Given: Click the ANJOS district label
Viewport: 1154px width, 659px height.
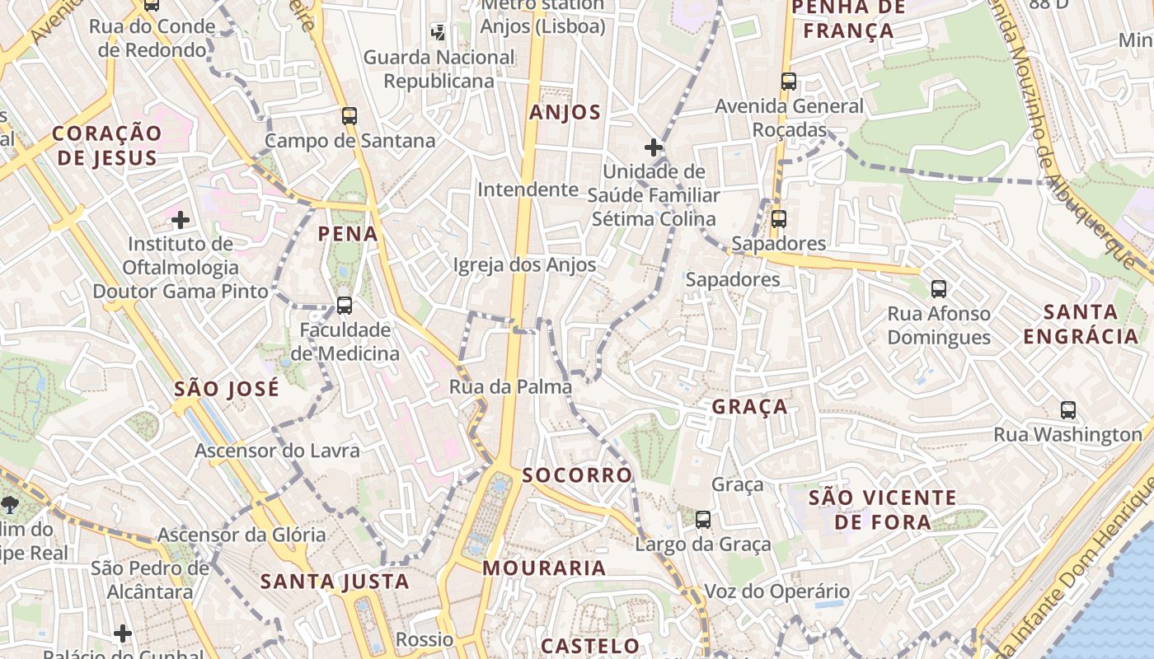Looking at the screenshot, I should coord(565,113).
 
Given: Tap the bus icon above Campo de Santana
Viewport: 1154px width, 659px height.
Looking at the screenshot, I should coord(349,116).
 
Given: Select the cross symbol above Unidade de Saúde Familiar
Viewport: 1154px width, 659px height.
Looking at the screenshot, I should coord(654,147).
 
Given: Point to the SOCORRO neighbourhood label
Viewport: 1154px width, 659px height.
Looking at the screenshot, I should coord(577,475).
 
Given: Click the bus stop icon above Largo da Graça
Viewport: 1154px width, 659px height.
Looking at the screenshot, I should coord(702,520).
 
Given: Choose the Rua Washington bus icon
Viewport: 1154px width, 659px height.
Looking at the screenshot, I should coord(1068,410).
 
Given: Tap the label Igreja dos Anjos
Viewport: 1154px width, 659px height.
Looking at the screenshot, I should coord(524,265).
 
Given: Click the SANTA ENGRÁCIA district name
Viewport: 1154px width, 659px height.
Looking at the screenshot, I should coord(1081,324).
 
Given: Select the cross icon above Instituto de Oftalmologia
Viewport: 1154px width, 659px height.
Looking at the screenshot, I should coord(181,220).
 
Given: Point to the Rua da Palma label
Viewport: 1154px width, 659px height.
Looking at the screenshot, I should coord(510,386).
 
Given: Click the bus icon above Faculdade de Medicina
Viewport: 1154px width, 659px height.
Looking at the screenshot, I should coord(344,306).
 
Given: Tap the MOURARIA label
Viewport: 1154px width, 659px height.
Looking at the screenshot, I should coord(544,568).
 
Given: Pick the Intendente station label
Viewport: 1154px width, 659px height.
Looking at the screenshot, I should coord(528,189).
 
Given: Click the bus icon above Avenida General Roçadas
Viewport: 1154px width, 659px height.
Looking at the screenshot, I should coord(789,82).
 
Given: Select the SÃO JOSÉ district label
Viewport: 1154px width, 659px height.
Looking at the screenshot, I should coord(227,389).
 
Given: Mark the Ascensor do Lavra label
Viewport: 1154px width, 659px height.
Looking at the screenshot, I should coord(277,451).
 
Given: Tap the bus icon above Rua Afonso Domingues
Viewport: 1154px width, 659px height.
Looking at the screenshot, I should coord(938,289).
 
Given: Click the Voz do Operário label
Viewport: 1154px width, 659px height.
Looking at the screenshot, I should coord(776,591).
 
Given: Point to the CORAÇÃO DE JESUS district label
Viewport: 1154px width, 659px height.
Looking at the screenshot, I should coord(107,146).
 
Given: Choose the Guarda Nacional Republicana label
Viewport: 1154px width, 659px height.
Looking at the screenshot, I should coord(439,69).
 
